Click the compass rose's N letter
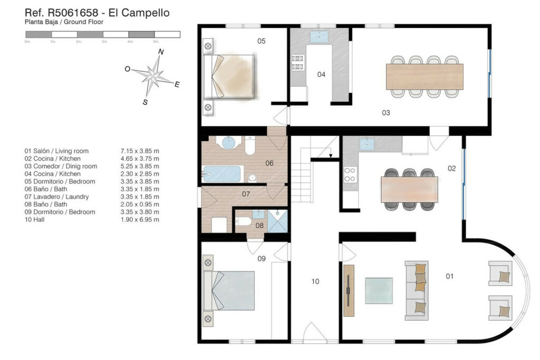click(161, 52)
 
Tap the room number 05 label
click(262, 41)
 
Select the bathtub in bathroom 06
click(222, 174)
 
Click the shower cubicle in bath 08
click(277, 221)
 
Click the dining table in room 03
click(425, 76)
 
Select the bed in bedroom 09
click(229, 291)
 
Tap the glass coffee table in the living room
click(379, 291)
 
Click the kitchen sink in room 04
click(319, 37)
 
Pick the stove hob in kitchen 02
click(350, 174)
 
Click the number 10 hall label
click(315, 281)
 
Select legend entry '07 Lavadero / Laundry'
click(56, 197)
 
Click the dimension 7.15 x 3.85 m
click(140, 151)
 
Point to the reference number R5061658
click(73, 13)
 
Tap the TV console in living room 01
click(349, 291)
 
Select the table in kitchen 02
click(409, 189)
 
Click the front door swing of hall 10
click(314, 331)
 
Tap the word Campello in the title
click(146, 13)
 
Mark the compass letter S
click(146, 102)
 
